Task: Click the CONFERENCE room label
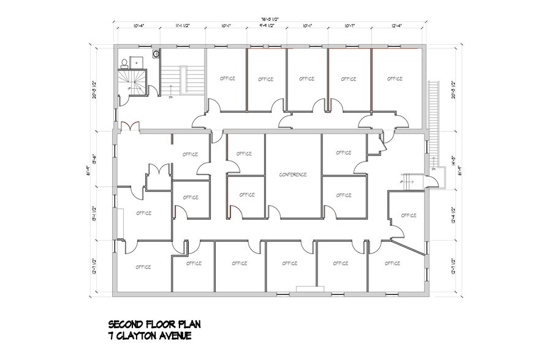tap(292, 174)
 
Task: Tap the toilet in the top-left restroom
tap(124, 62)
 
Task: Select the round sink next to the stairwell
tap(156, 54)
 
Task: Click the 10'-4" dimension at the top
tap(139, 26)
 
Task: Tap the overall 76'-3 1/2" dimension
tap(268, 18)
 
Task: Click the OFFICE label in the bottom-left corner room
tap(143, 266)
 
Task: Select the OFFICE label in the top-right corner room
tap(395, 78)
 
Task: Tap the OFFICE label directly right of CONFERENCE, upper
tap(343, 152)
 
